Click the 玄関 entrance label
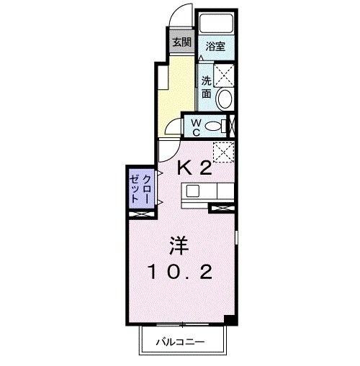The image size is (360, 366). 181,42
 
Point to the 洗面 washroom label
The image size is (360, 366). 207,87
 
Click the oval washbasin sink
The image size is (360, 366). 224,99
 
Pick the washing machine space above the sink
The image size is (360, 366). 224,74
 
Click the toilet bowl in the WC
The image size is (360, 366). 214,127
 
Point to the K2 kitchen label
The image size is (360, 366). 194,168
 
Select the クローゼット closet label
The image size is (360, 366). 140,188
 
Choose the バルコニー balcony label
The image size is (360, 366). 181,343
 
